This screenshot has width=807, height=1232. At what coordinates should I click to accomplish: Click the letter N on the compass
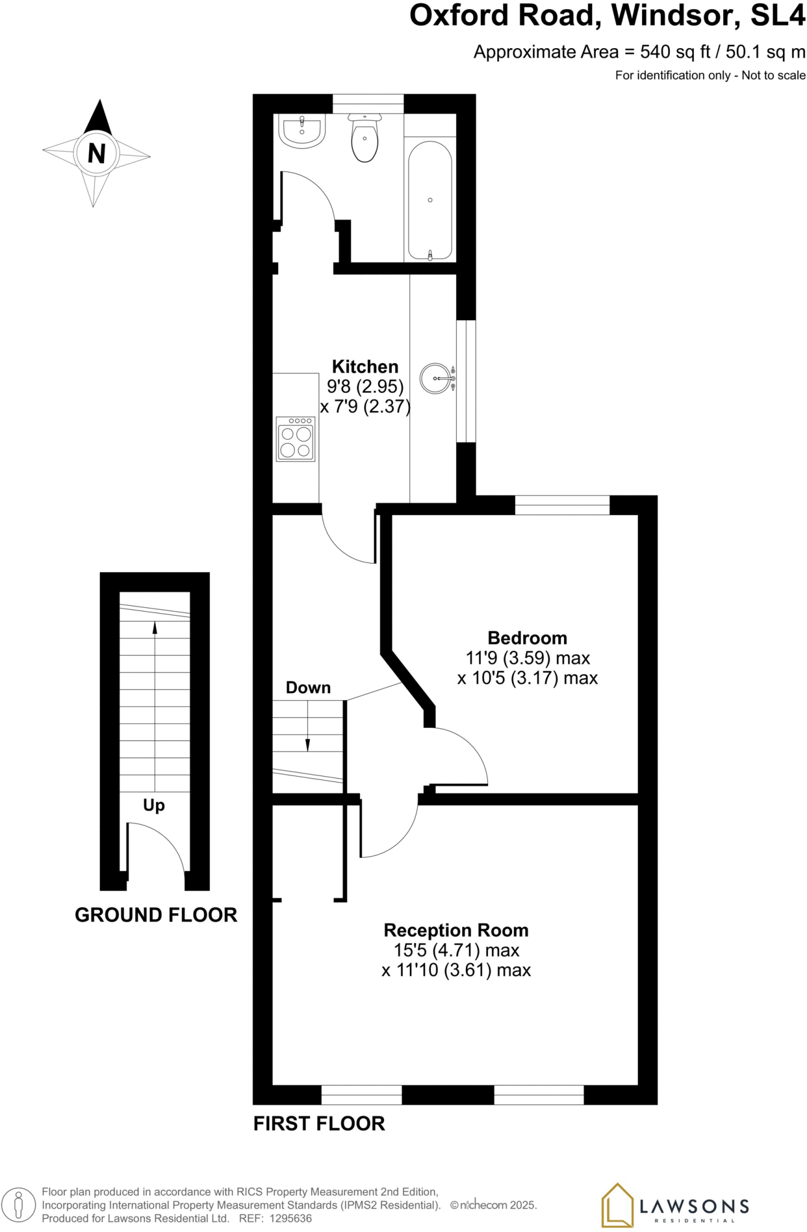tap(96, 154)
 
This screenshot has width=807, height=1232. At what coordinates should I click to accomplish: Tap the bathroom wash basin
tap(302, 131)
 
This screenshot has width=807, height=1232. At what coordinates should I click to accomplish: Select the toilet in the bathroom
tap(365, 140)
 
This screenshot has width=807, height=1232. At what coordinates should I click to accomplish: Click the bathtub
tap(430, 200)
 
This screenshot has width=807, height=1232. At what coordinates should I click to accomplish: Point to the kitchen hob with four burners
tap(295, 439)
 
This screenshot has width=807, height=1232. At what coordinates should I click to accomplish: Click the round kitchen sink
tap(436, 378)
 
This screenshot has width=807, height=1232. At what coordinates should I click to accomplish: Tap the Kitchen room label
tap(365, 366)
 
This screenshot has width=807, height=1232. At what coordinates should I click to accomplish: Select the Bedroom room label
tap(527, 638)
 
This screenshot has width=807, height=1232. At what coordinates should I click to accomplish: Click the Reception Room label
tap(456, 930)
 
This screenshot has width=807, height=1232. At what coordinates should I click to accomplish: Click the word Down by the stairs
tap(308, 688)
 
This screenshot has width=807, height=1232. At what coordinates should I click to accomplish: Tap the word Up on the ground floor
tap(153, 805)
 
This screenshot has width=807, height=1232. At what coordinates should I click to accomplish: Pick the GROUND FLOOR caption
tap(156, 915)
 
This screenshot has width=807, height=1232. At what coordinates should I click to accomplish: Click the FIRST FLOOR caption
tap(319, 1123)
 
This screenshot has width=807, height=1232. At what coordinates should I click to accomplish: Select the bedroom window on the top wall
tap(562, 505)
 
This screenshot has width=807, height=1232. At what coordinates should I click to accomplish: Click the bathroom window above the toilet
tap(368, 103)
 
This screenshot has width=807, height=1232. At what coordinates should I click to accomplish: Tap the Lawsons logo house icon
tap(617, 1204)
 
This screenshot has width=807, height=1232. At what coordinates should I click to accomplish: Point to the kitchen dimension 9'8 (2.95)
tap(365, 386)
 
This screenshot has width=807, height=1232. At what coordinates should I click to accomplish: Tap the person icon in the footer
tap(19, 1205)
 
